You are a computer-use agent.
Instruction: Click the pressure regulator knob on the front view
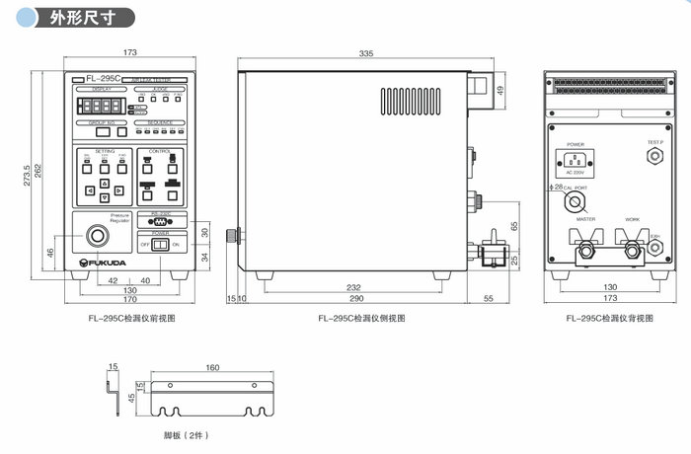[97, 237]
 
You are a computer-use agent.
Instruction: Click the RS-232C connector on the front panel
[160, 221]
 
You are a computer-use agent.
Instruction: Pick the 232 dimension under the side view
[353, 287]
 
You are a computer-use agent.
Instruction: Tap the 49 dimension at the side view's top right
[500, 91]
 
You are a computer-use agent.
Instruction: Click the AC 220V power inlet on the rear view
[575, 158]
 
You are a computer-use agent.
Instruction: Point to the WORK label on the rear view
[632, 219]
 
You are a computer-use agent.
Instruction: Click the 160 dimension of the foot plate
[212, 368]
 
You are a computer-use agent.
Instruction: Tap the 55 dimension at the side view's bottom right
[488, 297]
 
